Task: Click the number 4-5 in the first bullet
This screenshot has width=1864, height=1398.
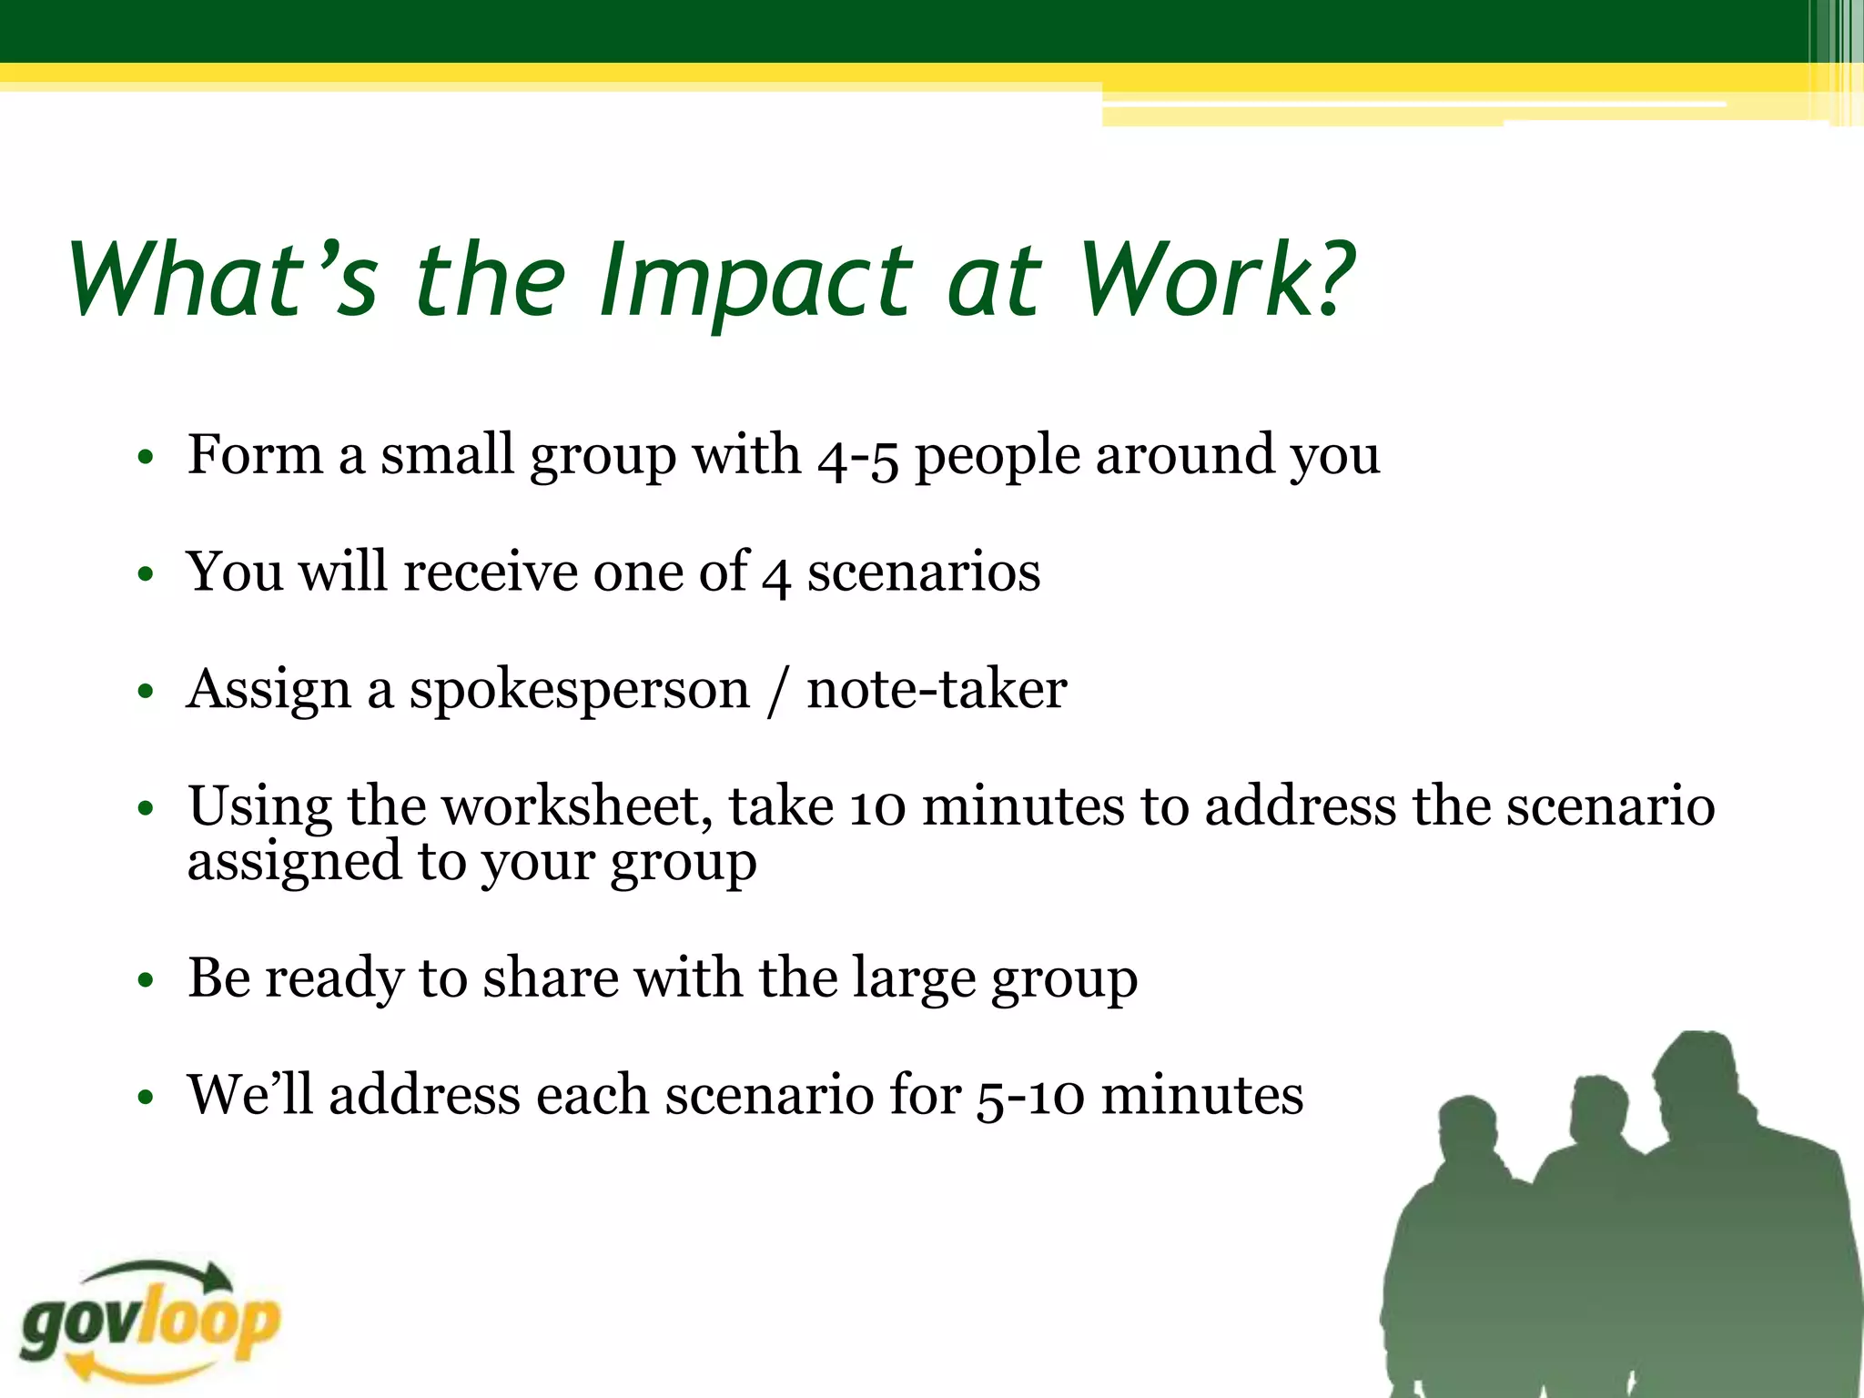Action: (857, 458)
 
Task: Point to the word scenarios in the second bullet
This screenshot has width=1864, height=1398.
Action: (923, 573)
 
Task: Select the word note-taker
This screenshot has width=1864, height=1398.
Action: (936, 689)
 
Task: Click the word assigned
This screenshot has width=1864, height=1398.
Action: (294, 862)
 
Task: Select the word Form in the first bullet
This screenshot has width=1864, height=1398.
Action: (255, 455)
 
